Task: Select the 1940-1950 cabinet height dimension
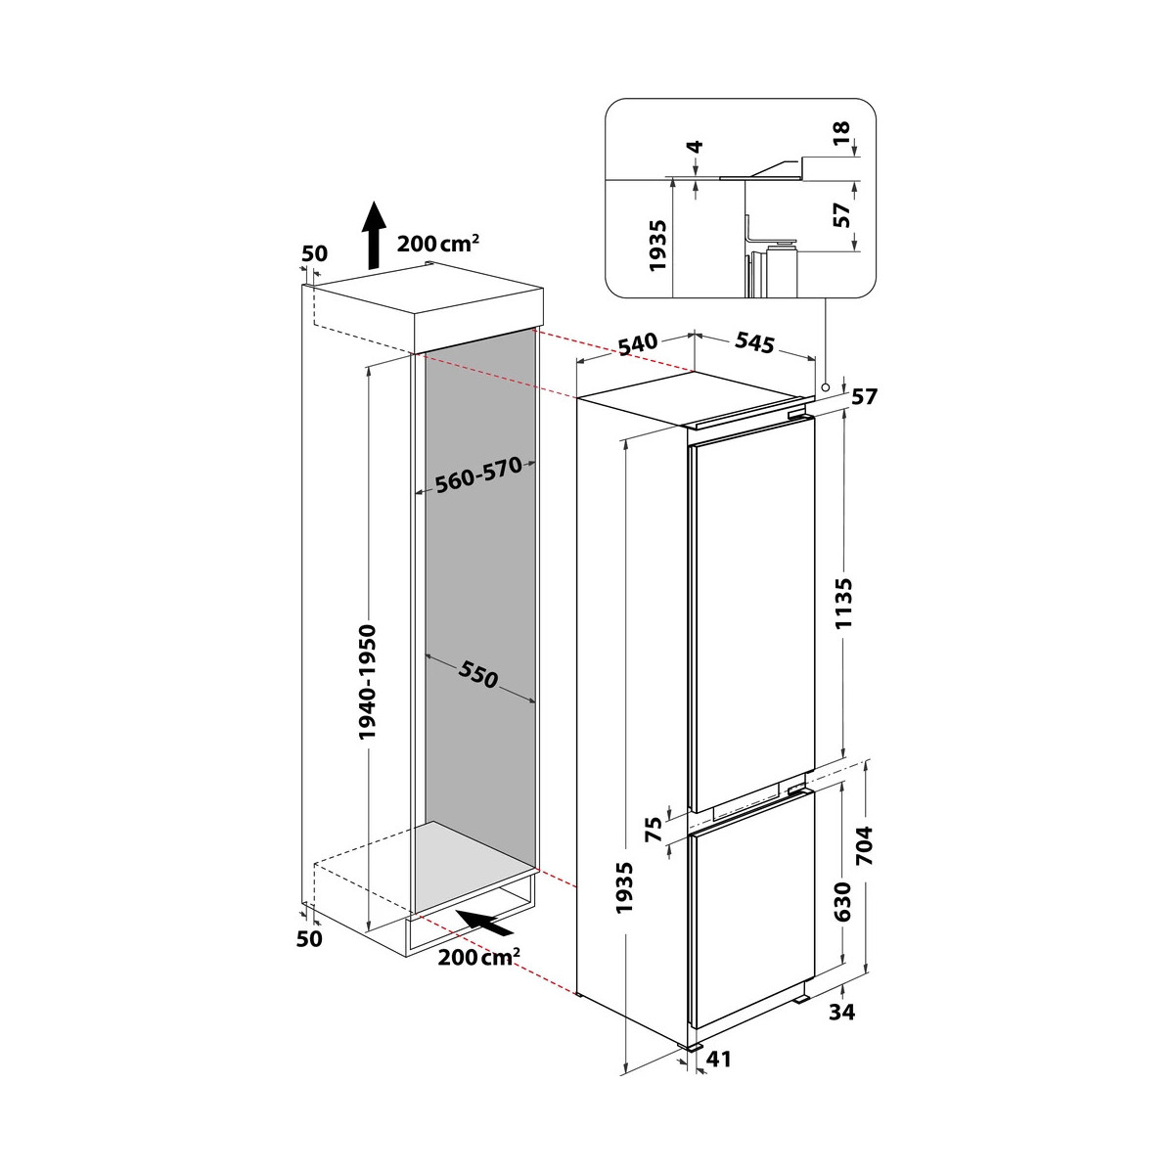pyautogui.click(x=368, y=681)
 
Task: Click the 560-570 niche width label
pyautogui.click(x=478, y=475)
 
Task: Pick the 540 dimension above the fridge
pyautogui.click(x=638, y=343)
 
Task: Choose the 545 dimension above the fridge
pyautogui.click(x=754, y=342)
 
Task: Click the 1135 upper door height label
pyautogui.click(x=843, y=604)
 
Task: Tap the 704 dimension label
pyautogui.click(x=864, y=845)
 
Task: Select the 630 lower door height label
pyautogui.click(x=843, y=901)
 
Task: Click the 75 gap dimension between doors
pyautogui.click(x=654, y=830)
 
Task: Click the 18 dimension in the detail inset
pyautogui.click(x=840, y=133)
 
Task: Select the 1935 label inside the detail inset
pyautogui.click(x=658, y=246)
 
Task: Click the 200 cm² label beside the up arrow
pyautogui.click(x=437, y=244)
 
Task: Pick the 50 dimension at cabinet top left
pyautogui.click(x=314, y=253)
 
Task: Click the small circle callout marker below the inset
pyautogui.click(x=825, y=386)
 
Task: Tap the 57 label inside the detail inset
pyautogui.click(x=840, y=214)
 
